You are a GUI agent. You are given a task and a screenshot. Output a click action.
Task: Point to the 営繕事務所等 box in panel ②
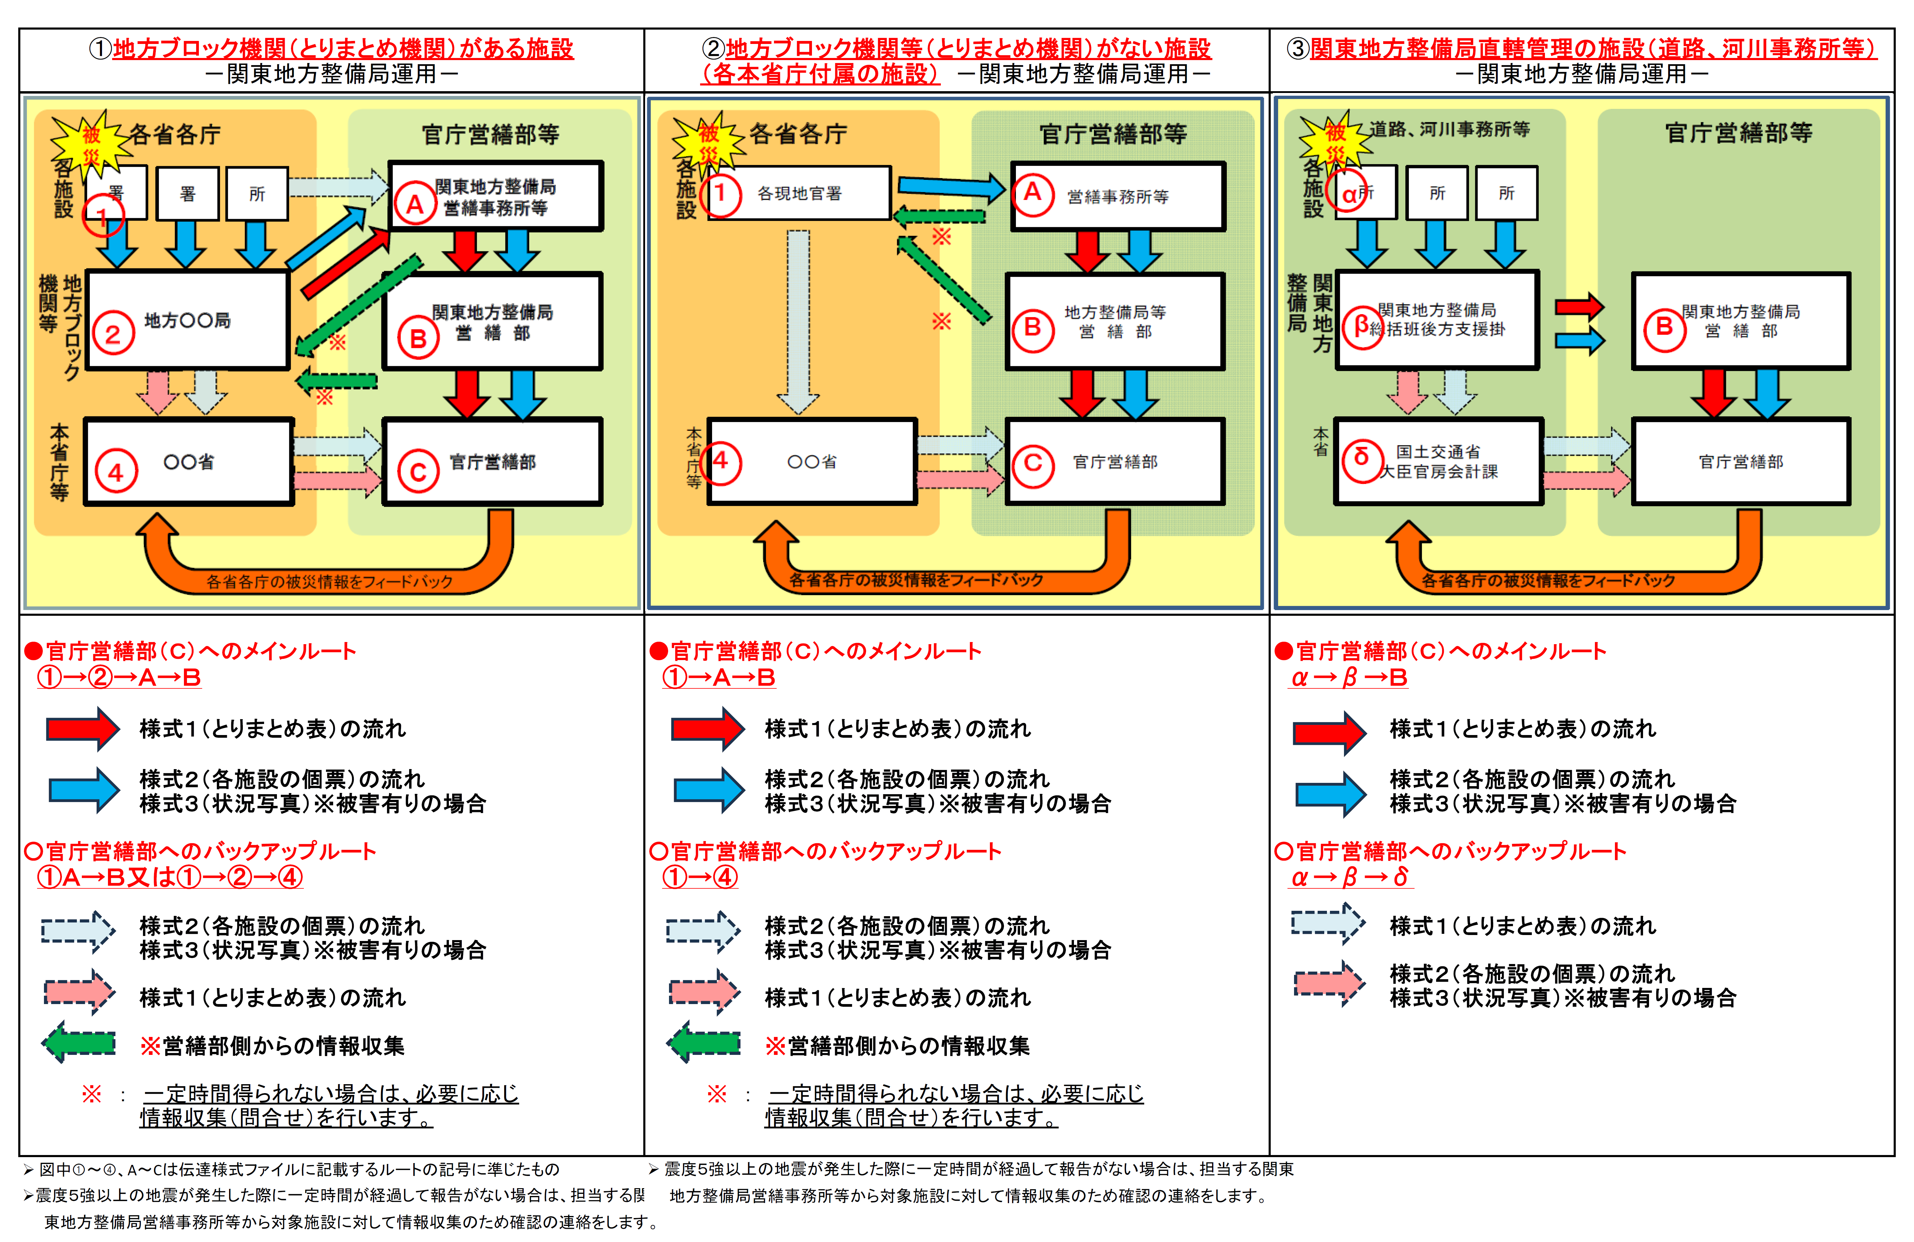click(1118, 196)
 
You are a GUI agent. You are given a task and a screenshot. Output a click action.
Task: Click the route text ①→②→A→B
click(118, 678)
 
